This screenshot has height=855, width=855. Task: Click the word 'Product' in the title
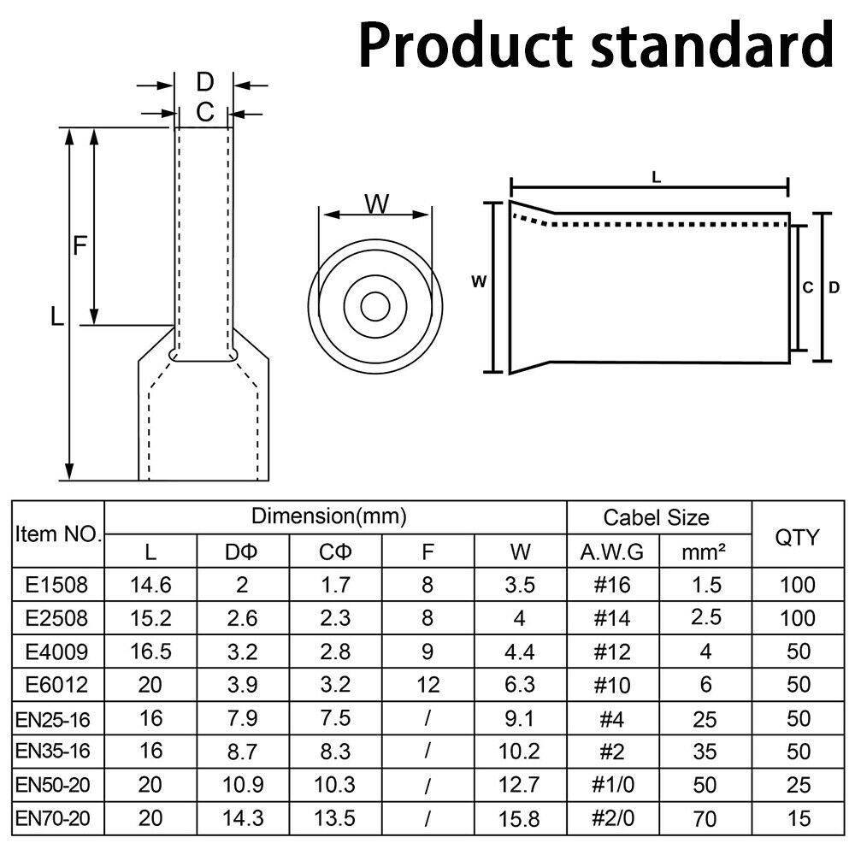click(x=466, y=45)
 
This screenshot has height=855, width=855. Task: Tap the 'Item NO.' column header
click(x=58, y=534)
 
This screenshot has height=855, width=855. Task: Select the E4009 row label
click(x=56, y=652)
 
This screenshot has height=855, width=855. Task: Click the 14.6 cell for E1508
click(x=150, y=585)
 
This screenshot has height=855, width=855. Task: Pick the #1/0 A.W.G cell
click(x=613, y=785)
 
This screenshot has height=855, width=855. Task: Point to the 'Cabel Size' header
click(x=657, y=517)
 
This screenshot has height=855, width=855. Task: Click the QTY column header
click(x=797, y=538)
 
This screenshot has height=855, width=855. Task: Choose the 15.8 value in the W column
click(x=519, y=818)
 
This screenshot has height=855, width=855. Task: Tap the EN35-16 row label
click(x=53, y=752)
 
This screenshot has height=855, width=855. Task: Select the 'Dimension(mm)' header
click(x=329, y=516)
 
